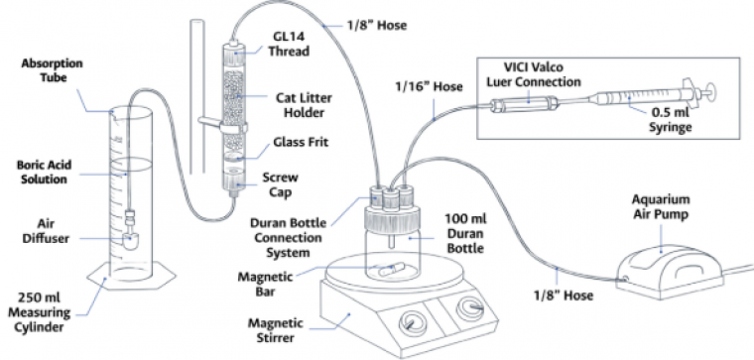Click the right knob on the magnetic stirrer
(x=470, y=308)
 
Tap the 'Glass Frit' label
(x=301, y=142)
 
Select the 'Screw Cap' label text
(x=280, y=185)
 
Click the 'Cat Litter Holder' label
(x=304, y=105)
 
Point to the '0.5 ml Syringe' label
(x=671, y=120)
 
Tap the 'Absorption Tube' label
(x=52, y=70)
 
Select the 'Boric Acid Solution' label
(x=45, y=173)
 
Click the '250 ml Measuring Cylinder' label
(x=45, y=312)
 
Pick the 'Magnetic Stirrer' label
(x=276, y=329)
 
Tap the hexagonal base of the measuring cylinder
(x=131, y=280)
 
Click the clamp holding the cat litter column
(x=223, y=126)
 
